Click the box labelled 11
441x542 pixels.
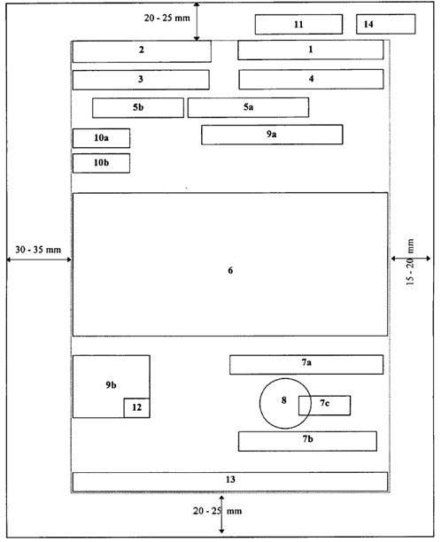point(298,24)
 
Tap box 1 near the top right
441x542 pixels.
point(310,50)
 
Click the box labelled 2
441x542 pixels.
point(142,50)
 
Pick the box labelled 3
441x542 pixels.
point(141,80)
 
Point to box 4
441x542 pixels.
point(311,79)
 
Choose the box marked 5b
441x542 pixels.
point(138,107)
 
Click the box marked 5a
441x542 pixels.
point(248,107)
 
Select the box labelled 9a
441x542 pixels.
point(272,135)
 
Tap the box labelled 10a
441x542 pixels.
point(101,138)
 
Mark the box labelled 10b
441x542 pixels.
point(101,163)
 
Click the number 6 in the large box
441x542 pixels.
point(230,269)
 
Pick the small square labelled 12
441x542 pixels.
point(136,407)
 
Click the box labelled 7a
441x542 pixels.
point(306,364)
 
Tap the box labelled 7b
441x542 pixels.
point(307,440)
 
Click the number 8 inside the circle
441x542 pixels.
point(283,400)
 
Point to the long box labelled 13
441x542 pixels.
point(230,480)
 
